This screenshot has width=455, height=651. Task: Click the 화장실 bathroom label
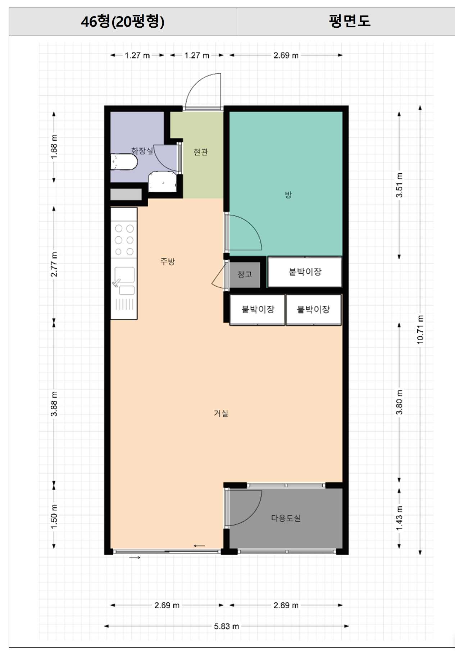pyautogui.click(x=142, y=151)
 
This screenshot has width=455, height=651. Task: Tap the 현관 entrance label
pyautogui.click(x=201, y=152)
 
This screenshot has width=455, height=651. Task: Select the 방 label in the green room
pyautogui.click(x=288, y=195)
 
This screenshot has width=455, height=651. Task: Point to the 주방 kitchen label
pyautogui.click(x=168, y=261)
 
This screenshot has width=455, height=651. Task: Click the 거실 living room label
pyautogui.click(x=221, y=413)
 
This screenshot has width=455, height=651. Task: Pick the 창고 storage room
pyautogui.click(x=245, y=274)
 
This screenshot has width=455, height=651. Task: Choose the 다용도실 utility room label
pyautogui.click(x=286, y=518)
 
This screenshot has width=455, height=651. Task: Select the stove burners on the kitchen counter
pyautogui.click(x=124, y=240)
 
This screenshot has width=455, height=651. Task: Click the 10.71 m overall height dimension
pyautogui.click(x=420, y=329)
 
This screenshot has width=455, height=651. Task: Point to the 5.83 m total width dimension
pyautogui.click(x=227, y=626)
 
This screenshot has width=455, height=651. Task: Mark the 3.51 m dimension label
pyautogui.click(x=399, y=185)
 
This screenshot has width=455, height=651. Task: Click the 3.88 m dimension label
pyautogui.click(x=54, y=404)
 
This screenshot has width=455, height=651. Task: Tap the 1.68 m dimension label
pyautogui.click(x=54, y=147)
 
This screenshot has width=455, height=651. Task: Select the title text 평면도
pyautogui.click(x=349, y=21)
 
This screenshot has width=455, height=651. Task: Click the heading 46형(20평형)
pyautogui.click(x=123, y=22)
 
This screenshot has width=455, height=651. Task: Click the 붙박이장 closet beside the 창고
pyautogui.click(x=305, y=272)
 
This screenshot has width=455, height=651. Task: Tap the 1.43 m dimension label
pyautogui.click(x=399, y=518)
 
